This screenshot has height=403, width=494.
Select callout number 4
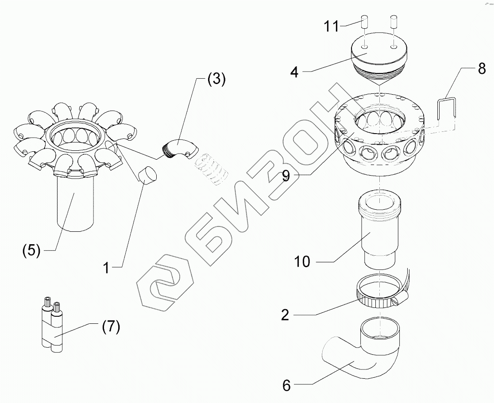point(294,72)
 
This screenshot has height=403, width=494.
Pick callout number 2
point(285,315)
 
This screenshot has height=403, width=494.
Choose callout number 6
point(286,385)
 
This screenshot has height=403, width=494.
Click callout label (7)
point(110,328)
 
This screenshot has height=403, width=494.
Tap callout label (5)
point(31,250)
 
